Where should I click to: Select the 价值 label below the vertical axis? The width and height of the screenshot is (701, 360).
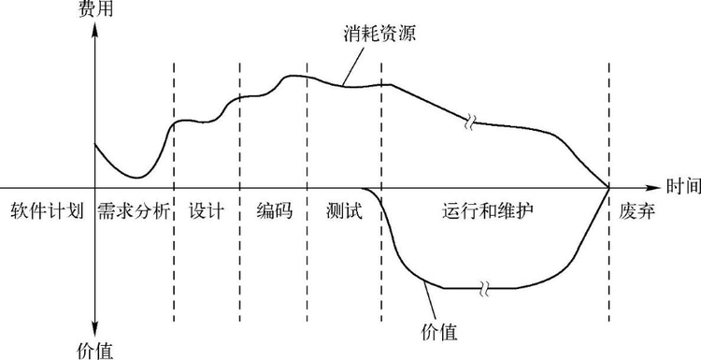click(93, 351)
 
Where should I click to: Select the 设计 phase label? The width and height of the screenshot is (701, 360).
click(206, 211)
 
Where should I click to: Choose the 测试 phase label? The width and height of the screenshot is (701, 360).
click(344, 211)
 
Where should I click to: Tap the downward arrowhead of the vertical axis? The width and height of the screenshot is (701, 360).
click(94, 329)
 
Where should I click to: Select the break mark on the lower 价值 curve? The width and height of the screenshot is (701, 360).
click(480, 288)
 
